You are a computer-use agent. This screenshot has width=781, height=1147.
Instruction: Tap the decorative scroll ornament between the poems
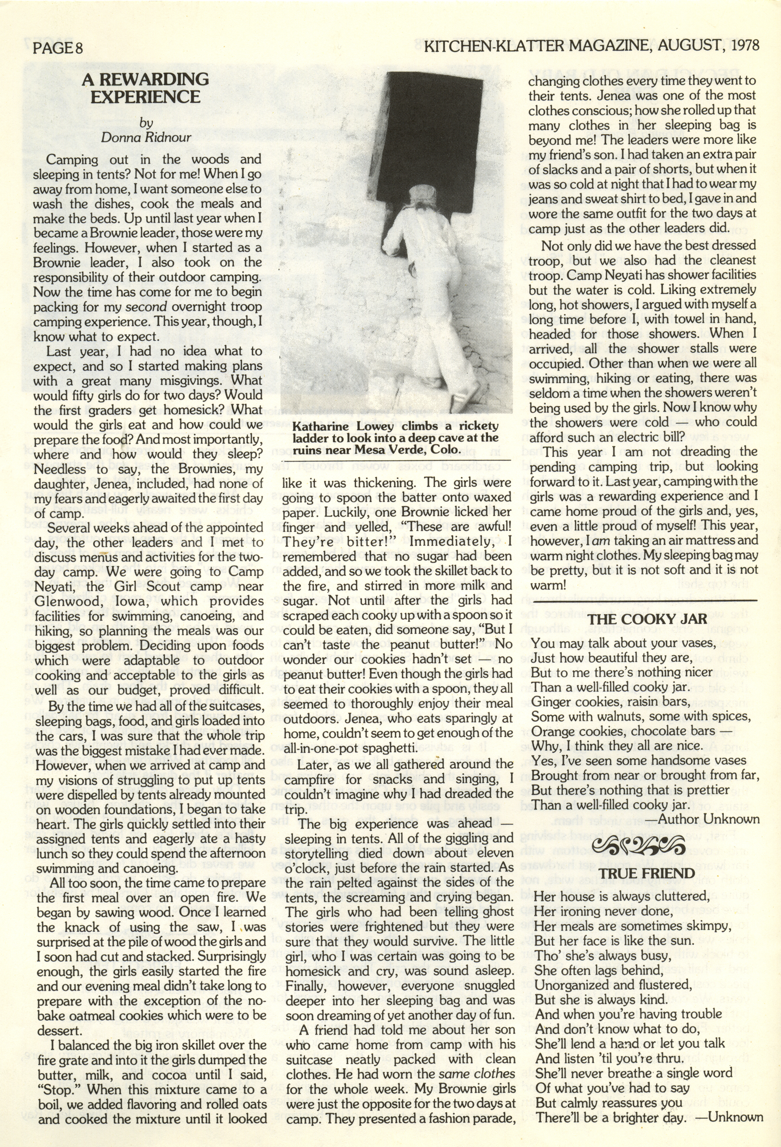pos(640,845)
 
